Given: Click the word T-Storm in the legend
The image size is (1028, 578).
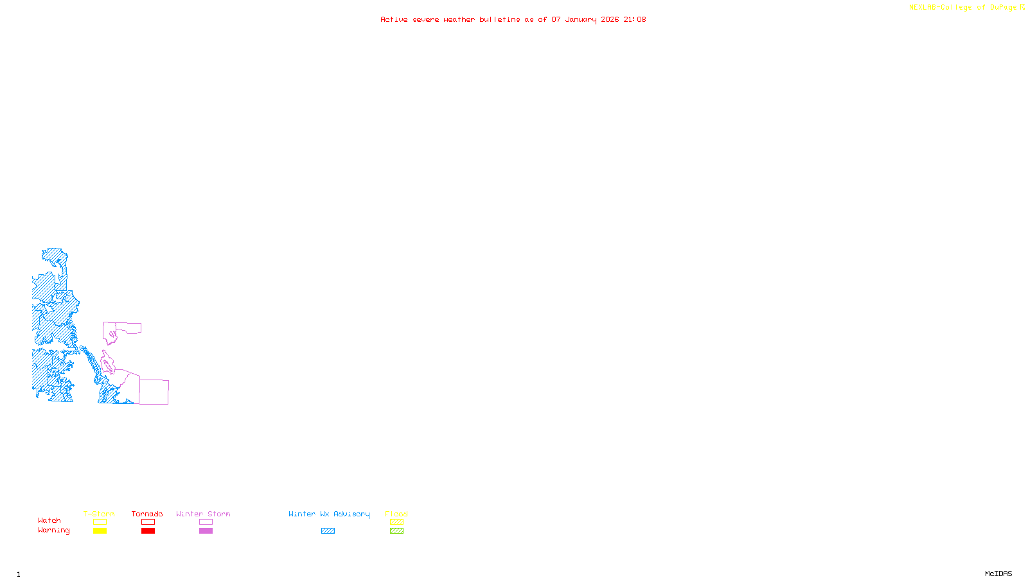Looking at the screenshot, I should coord(99,514).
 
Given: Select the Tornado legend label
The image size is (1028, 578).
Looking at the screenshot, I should coord(147,514).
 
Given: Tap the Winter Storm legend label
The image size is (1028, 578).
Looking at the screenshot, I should coord(203,514).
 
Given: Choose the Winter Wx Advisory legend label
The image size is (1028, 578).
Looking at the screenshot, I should coord(329,514).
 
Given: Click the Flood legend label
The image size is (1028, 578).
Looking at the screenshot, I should coord(396,514).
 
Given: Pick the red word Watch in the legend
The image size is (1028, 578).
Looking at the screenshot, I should coord(49,520).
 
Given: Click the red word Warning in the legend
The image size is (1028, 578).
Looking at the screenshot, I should coord(54,530).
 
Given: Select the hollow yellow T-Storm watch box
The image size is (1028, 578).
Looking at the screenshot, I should coord(100,522).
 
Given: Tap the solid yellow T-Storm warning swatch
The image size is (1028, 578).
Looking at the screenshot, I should coord(100,531).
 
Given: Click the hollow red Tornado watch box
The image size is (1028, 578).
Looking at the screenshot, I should coord(148,522).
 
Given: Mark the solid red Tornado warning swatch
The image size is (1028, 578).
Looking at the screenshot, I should coord(148,531).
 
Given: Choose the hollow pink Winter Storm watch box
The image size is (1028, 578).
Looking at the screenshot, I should coord(206,522).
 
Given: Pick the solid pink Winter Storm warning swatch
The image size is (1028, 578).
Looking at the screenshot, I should coord(206,531).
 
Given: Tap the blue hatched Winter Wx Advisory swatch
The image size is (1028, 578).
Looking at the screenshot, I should coord(328,531).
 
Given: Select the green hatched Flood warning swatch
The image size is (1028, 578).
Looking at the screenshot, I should coord(396,531).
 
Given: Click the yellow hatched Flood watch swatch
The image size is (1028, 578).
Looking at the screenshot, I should coord(396,522).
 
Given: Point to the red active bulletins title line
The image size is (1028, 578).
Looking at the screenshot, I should coord(513,19).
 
